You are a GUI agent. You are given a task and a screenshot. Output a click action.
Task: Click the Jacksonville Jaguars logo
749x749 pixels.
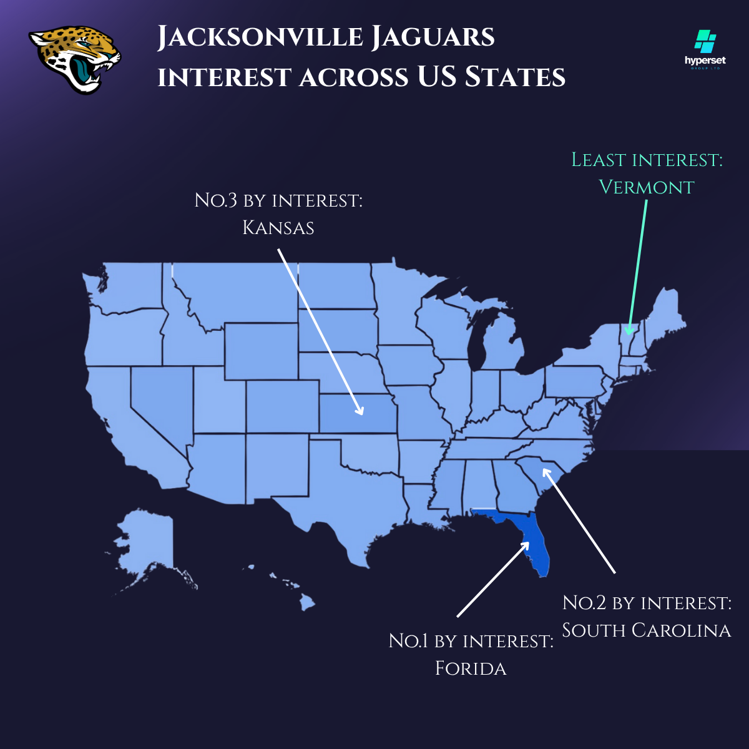coord(75,59)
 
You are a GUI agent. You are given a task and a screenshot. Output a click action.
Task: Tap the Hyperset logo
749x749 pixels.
coord(705,50)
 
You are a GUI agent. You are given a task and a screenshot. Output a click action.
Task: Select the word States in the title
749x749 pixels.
coord(515,77)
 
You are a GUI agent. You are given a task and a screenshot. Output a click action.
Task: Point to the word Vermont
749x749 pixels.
coord(646,187)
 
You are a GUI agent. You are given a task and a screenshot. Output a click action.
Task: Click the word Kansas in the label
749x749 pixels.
coord(278,228)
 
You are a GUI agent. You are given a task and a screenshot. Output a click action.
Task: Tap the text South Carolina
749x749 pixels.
coord(646,630)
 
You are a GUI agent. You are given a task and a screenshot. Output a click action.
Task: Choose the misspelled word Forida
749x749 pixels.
coord(471,668)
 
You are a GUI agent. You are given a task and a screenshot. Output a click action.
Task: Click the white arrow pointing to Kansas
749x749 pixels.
coord(318,331)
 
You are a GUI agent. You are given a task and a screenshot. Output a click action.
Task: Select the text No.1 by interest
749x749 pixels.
coord(471,641)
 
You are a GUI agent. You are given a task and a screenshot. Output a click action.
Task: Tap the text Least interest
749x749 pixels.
coord(647,160)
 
